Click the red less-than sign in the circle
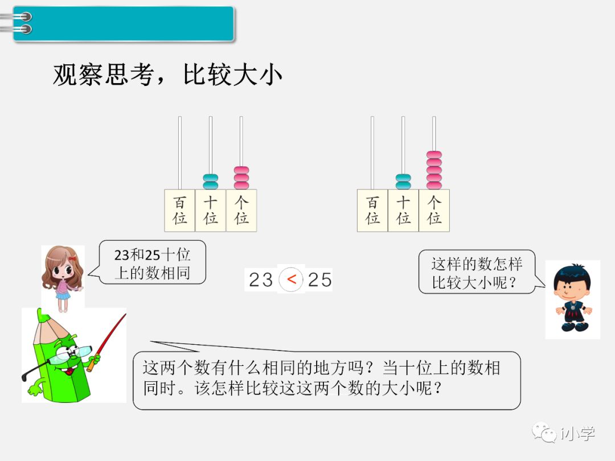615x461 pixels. pos(292,279)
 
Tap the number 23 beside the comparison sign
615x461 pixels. pos(261,280)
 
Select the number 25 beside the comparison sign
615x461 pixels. pos(319,280)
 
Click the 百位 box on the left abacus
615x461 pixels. pos(180,211)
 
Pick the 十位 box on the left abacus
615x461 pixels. pos(211,211)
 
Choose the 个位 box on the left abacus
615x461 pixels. pos(241,211)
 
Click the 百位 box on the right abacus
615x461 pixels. pos(372,211)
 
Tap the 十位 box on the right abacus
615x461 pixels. pos(403,211)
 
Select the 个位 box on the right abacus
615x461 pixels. pos(434,211)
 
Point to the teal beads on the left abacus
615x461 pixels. pos(211,182)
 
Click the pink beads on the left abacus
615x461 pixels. pos(241,178)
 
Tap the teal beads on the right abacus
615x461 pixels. pos(403,182)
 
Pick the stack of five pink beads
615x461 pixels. pos(434,170)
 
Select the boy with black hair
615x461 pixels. pos(572,299)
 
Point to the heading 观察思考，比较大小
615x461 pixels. pos(167,75)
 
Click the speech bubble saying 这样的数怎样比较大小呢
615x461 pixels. pos(477,272)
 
